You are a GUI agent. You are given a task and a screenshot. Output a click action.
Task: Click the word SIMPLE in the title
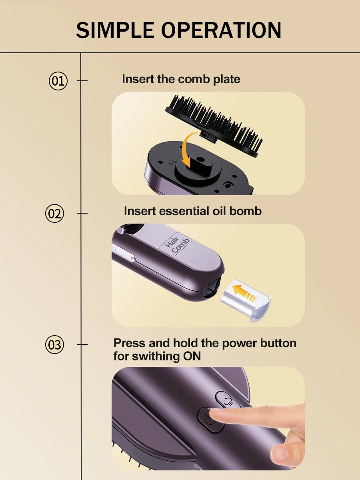coord(115,30)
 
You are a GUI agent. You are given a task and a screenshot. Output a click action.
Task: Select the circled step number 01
coord(58,81)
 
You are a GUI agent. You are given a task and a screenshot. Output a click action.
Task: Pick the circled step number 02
coord(55,214)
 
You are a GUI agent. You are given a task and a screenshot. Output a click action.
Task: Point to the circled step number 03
coord(55,345)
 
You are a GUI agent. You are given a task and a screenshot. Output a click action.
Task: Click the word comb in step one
coord(194,79)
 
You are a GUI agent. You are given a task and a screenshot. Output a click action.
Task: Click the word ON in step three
coord(192,356)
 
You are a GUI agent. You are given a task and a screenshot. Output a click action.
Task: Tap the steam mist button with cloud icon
coord(228,401)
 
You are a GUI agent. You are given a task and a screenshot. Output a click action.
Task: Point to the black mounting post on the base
coord(199,162)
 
